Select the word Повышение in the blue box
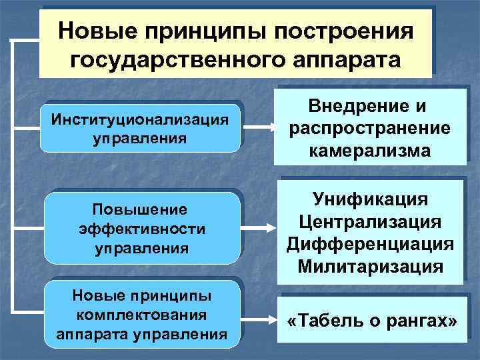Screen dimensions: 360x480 141,210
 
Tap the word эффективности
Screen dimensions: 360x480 141,229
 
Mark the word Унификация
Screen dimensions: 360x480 370,199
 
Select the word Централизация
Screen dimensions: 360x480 370,221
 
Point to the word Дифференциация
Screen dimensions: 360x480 370,244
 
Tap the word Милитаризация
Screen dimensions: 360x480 370,267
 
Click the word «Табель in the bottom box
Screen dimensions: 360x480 322,321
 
